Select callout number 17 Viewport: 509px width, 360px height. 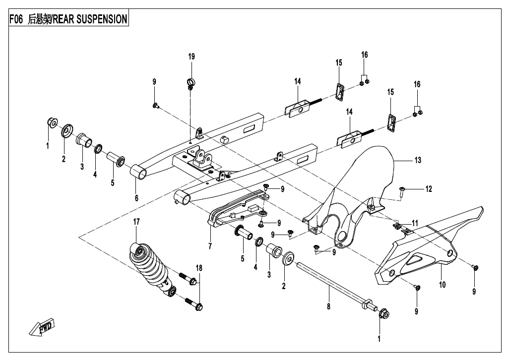point(137,222)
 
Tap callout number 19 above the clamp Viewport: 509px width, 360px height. point(191,57)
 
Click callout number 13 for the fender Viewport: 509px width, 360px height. point(418,160)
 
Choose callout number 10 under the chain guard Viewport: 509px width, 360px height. point(443,285)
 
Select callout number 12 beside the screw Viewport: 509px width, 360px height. point(429,188)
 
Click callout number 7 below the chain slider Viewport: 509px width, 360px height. point(210,246)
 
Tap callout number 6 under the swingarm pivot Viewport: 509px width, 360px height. point(136,198)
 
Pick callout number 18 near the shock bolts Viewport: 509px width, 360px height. point(199,268)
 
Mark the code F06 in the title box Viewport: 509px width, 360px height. point(16,19)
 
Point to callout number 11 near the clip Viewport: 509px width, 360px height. point(415,223)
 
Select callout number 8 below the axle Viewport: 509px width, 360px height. point(328,307)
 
